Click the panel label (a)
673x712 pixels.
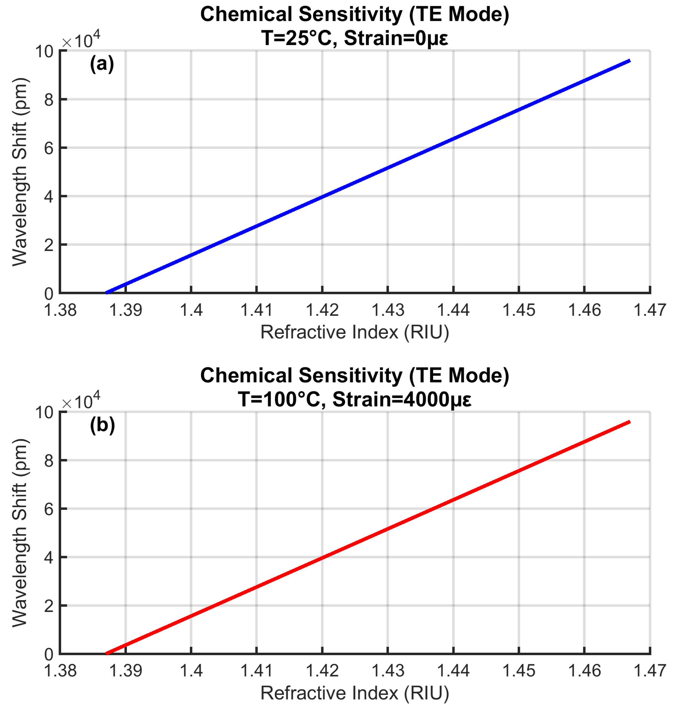(102, 64)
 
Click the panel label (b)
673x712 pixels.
(102, 425)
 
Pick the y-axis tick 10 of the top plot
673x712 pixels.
(44, 52)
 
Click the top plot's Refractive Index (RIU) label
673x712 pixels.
(355, 332)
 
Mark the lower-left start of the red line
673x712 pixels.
(107, 653)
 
